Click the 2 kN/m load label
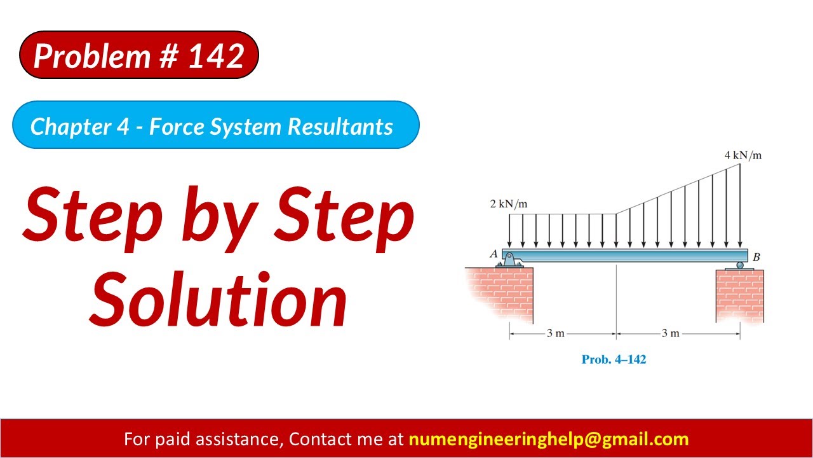click(508, 204)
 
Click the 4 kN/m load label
click(742, 155)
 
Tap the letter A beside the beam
click(494, 254)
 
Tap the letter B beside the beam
click(756, 258)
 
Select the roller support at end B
click(739, 265)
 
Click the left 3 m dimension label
click(556, 333)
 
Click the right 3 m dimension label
click(671, 333)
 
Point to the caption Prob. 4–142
click(614, 359)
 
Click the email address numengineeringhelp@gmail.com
click(548, 439)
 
